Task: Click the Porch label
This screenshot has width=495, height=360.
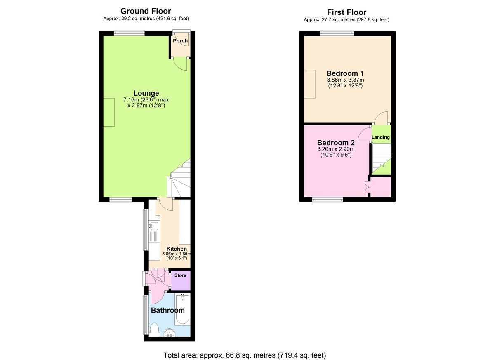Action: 180,41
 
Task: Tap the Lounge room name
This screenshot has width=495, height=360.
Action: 146,93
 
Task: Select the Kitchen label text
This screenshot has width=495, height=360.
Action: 177,249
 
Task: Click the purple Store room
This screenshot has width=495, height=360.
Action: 181,281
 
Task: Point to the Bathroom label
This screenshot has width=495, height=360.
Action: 167,310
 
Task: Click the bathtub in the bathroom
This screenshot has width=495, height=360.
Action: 182,310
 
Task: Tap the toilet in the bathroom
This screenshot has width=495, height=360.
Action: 154,329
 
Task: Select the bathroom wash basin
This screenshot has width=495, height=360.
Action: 170,332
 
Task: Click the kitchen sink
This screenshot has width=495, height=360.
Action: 153,226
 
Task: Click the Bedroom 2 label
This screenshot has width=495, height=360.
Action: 336,143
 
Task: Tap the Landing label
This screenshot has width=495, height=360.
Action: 381,137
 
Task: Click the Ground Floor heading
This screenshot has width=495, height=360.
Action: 145,11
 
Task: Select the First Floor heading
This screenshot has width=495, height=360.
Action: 346,12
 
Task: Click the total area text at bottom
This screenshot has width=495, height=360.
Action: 245,355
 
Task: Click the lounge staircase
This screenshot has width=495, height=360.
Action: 179,181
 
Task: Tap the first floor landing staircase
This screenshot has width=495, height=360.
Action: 382,159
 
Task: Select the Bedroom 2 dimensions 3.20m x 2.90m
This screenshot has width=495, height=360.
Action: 336,149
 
